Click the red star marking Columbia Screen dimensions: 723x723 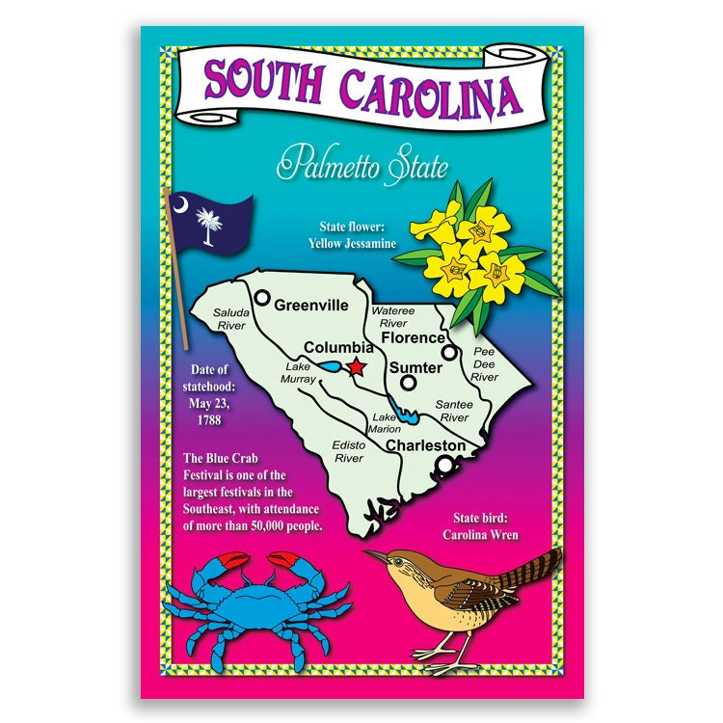click(x=358, y=366)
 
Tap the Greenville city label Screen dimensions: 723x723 click(x=310, y=306)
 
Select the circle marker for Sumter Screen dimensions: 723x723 click(x=409, y=383)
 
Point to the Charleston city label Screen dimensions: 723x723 click(x=425, y=446)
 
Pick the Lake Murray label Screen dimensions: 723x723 click(x=300, y=373)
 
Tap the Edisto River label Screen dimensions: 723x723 click(x=348, y=452)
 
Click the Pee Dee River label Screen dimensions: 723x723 click(x=484, y=365)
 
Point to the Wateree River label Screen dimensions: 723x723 click(x=392, y=317)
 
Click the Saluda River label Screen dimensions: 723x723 click(x=230, y=319)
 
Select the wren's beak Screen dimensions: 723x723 click(x=374, y=555)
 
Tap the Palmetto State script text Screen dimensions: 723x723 click(x=361, y=166)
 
